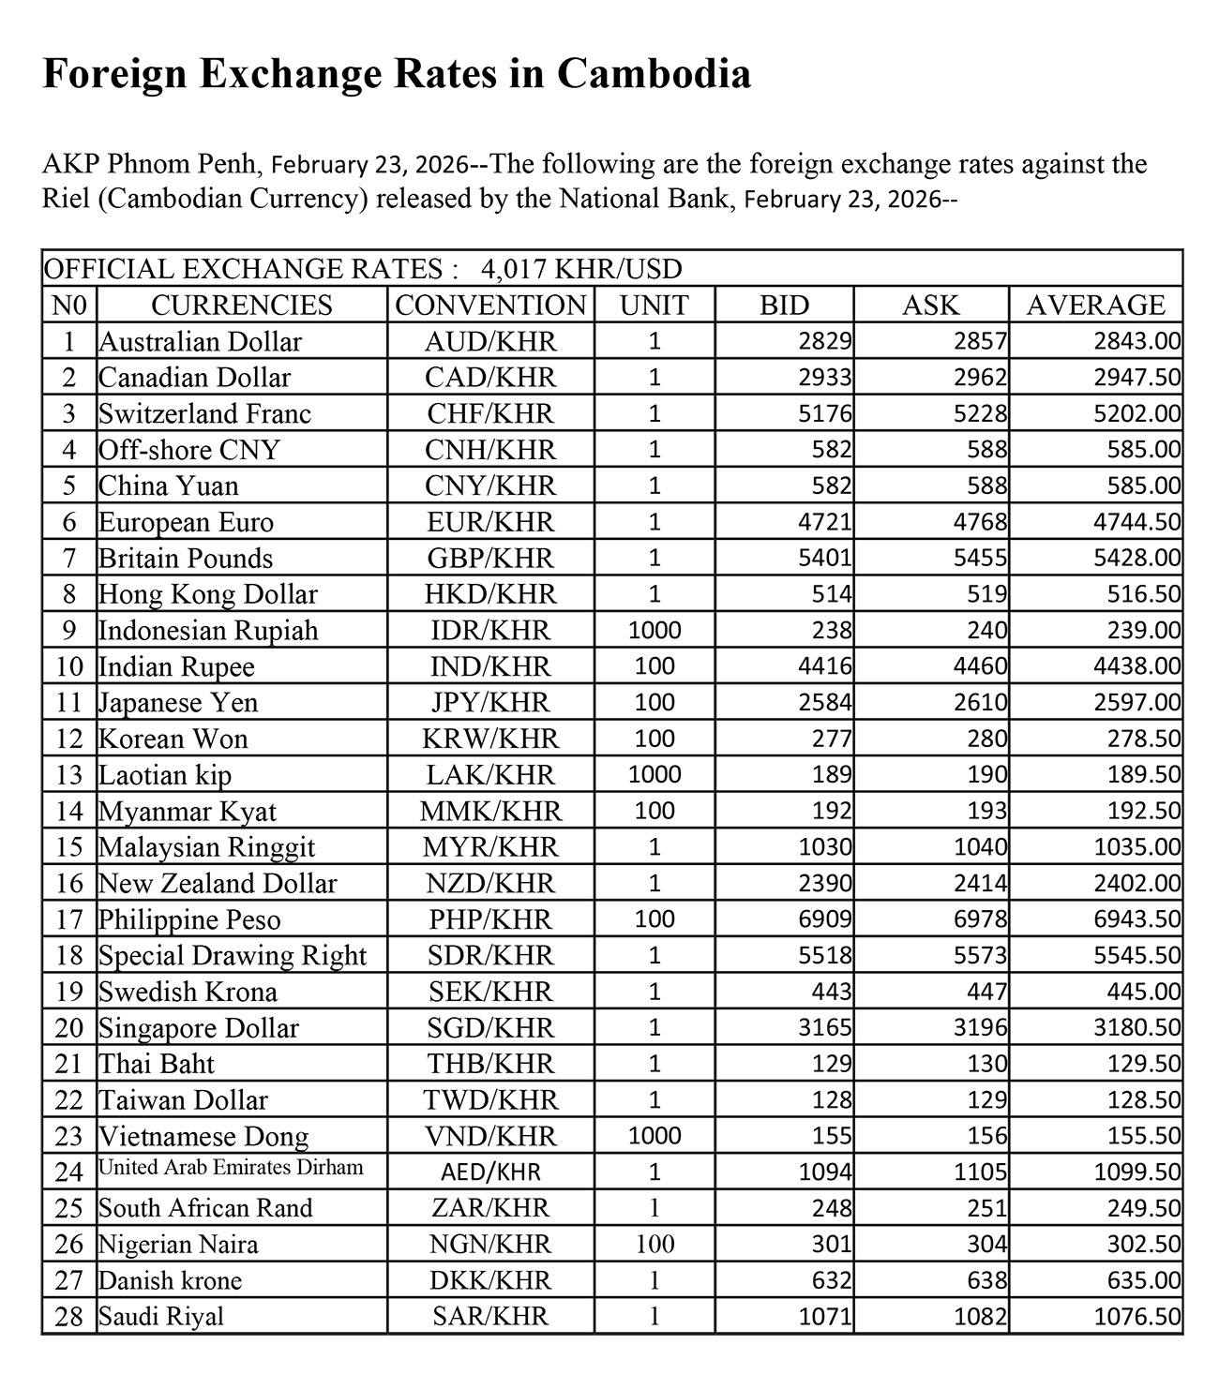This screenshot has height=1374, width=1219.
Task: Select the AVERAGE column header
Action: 1095,306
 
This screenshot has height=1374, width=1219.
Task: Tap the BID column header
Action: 784,306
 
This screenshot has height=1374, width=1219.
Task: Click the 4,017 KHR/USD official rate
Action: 580,270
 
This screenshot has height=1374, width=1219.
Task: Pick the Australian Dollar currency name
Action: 201,341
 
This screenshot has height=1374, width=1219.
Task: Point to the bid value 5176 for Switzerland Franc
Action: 825,413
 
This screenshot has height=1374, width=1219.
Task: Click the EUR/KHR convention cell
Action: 489,522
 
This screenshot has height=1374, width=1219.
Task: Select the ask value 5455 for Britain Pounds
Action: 981,559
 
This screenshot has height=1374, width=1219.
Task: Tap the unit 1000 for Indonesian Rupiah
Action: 654,631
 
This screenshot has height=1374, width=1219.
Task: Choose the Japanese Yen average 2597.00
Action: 1136,703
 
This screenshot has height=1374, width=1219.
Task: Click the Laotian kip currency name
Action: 165,775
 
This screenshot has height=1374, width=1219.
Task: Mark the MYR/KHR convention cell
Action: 489,847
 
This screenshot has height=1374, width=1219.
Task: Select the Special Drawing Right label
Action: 233,956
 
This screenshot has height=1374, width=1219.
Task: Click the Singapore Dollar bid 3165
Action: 825,1028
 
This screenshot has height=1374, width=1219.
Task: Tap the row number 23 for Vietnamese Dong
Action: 69,1137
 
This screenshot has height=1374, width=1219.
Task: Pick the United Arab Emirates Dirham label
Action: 231,1169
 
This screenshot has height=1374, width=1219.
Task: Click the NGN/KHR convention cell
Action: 489,1245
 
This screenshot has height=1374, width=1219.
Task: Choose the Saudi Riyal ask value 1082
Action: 981,1317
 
